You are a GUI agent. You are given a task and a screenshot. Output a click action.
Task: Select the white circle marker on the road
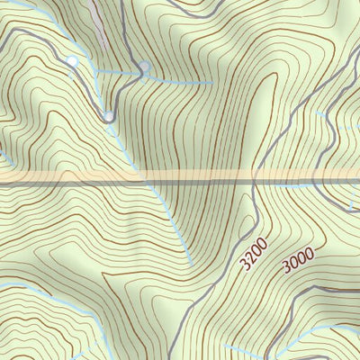(x=72, y=60)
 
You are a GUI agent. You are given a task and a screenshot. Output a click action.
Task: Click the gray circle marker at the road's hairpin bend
(x=108, y=115)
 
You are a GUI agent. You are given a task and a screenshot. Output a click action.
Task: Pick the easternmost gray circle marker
(x=144, y=66)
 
